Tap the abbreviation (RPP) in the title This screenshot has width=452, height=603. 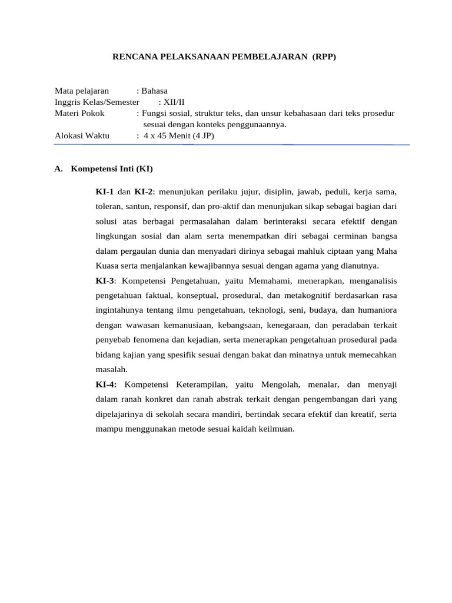[324, 57]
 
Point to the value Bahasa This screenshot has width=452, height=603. [154, 91]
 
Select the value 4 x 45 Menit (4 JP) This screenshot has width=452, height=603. [180, 135]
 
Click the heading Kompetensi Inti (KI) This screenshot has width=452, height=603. [111, 169]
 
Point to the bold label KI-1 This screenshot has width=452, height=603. [105, 192]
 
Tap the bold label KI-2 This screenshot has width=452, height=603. [144, 192]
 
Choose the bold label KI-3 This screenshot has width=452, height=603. [105, 280]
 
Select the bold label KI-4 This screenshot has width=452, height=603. [105, 385]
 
